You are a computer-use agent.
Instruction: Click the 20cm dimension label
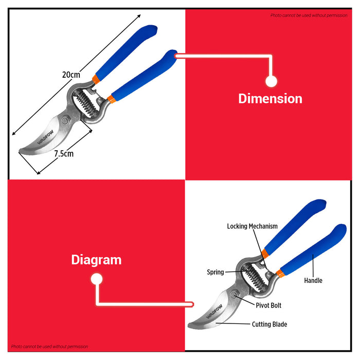coord(71,75)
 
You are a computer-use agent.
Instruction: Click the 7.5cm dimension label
coord(64,154)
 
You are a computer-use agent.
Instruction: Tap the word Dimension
coord(270,99)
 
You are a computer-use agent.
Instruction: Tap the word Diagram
coord(96,260)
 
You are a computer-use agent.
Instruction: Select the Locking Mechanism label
coord(253,226)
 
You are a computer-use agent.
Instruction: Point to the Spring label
coord(215,272)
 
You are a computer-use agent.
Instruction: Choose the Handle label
coord(313,280)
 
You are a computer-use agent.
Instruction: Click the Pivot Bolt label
coord(268,305)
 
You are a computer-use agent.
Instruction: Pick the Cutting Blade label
coord(269,324)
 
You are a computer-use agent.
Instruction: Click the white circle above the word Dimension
coord(271,81)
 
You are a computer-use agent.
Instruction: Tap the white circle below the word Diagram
coord(97,279)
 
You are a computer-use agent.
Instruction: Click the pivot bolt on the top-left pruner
coord(65,120)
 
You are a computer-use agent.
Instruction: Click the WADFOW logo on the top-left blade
coord(45,137)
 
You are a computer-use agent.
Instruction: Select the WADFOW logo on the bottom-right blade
coord(214,311)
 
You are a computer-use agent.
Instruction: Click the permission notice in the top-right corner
coord(309,15)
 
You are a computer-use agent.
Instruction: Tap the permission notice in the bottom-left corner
coord(49,347)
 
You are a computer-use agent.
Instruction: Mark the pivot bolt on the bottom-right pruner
coord(233,295)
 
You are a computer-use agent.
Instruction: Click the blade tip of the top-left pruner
coord(20,151)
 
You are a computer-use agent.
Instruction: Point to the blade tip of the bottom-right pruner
coord(189,325)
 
